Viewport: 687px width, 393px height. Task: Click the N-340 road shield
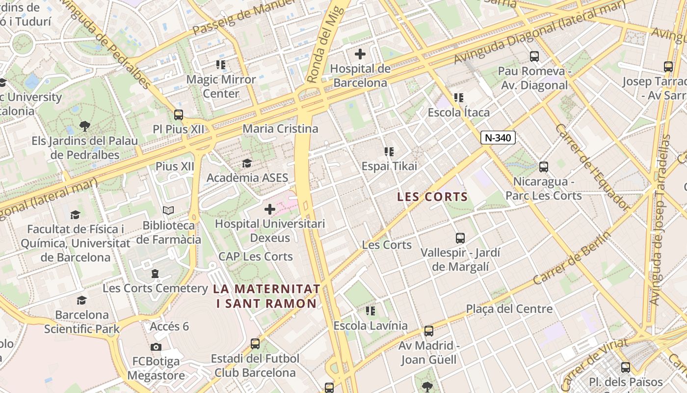(x=498, y=138)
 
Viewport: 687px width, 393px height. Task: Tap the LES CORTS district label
(x=432, y=197)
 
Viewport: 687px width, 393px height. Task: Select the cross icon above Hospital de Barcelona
(x=360, y=54)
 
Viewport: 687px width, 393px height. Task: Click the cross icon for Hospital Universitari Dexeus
(x=269, y=209)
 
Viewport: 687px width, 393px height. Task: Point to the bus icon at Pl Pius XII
(x=179, y=115)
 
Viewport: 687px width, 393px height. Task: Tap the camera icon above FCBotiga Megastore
(x=156, y=347)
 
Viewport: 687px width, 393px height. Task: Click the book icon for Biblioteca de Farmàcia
(x=168, y=211)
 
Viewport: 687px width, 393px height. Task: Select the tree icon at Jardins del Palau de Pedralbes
(x=85, y=126)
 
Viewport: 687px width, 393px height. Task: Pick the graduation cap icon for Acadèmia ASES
(x=247, y=163)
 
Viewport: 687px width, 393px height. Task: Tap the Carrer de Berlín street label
(x=572, y=258)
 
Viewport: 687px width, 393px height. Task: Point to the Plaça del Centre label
(x=509, y=309)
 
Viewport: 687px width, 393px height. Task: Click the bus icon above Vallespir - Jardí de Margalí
(x=460, y=238)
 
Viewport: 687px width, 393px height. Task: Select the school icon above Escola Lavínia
(x=370, y=311)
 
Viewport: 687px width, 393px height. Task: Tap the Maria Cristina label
(x=280, y=129)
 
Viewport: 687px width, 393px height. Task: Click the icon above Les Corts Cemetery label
(x=155, y=274)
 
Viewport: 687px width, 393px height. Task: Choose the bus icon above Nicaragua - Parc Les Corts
(x=543, y=167)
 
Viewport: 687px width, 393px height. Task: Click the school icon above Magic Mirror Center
(x=221, y=65)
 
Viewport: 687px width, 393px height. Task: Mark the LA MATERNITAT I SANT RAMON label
(x=267, y=296)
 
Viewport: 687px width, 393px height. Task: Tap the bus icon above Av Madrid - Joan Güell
(x=428, y=331)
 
